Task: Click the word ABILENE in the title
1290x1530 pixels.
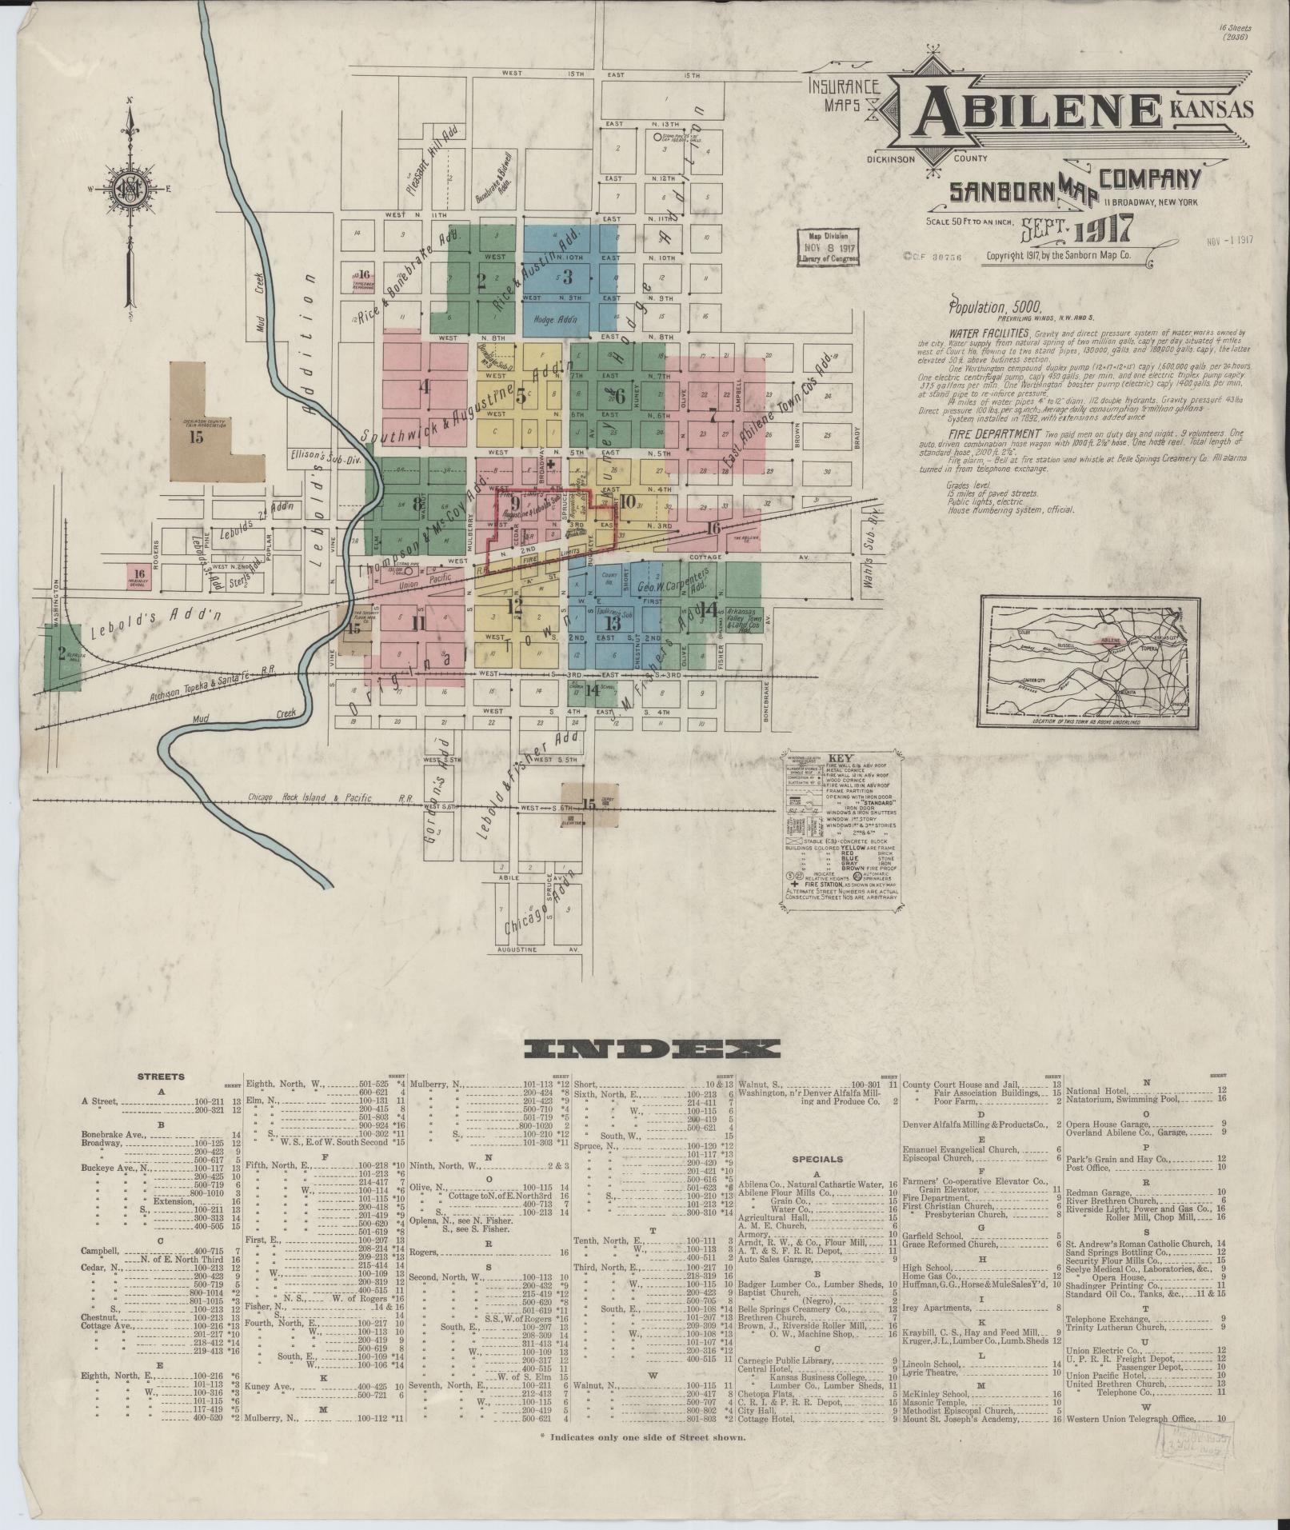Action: click(1032, 114)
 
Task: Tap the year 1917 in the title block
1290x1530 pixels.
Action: click(1103, 230)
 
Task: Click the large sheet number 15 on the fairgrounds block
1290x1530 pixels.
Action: click(197, 437)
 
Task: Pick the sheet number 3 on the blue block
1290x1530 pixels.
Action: click(568, 278)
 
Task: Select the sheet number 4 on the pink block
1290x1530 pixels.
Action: click(425, 388)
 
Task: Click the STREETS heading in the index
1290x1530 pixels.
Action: click(161, 1077)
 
